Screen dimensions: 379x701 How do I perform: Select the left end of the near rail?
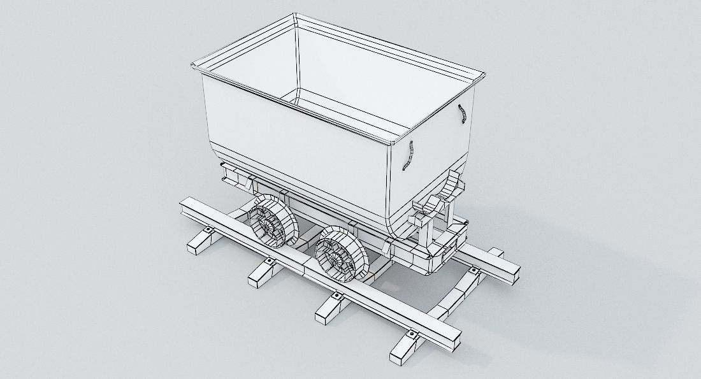[x=186, y=206]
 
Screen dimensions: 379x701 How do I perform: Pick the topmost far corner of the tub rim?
[x=297, y=17]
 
